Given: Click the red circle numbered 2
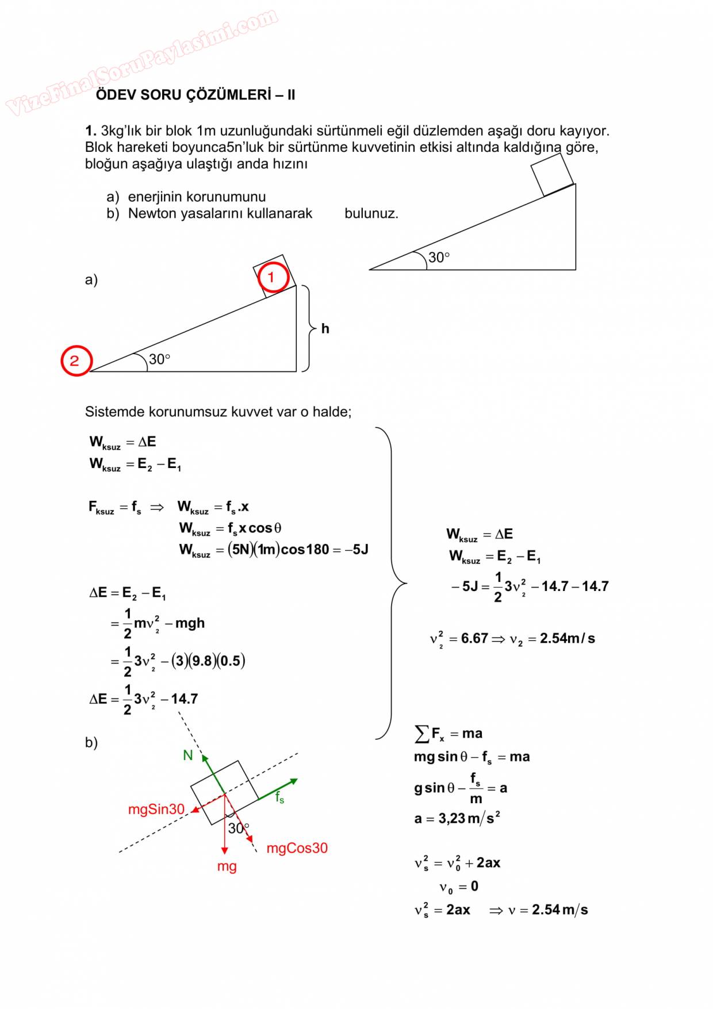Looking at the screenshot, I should [x=76, y=360].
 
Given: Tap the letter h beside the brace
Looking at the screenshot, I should [x=325, y=328].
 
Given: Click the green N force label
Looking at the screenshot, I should [x=187, y=755].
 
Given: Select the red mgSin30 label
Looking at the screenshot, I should [x=156, y=809].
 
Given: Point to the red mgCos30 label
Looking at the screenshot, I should [x=297, y=848].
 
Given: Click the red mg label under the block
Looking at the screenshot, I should [x=227, y=866].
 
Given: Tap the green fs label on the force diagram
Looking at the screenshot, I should [x=279, y=797].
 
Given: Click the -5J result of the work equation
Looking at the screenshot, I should [x=360, y=550].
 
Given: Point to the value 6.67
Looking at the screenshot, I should [x=474, y=639].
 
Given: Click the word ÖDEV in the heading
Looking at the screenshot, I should [x=114, y=95].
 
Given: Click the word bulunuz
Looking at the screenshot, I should [x=371, y=213].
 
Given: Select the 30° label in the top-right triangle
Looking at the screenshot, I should [x=439, y=258].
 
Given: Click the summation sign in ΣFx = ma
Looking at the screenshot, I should [x=421, y=734].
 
